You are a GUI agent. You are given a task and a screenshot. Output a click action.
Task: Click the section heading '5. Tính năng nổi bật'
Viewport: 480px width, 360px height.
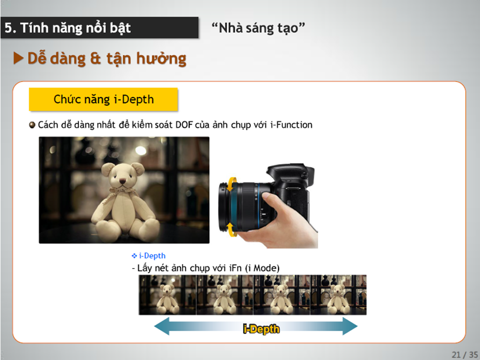(67, 28)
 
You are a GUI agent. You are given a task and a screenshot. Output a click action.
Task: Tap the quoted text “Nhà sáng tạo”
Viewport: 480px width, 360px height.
(258, 28)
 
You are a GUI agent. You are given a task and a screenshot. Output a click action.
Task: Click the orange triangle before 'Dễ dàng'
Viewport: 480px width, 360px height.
(18, 58)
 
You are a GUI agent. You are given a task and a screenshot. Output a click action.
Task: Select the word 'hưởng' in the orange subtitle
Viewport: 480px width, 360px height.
(161, 58)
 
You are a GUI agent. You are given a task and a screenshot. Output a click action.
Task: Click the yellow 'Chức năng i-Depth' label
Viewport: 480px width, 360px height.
(103, 99)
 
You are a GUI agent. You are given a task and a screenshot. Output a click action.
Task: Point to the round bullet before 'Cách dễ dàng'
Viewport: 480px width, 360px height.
(32, 125)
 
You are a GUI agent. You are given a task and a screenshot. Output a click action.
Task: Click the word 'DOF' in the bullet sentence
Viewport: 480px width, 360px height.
(184, 125)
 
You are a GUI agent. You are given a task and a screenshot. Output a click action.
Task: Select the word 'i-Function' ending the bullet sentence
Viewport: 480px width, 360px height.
(291, 125)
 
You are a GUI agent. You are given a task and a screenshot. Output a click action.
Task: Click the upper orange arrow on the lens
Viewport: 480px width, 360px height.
(231, 183)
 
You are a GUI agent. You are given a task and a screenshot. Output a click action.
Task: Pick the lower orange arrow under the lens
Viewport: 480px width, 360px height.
(231, 229)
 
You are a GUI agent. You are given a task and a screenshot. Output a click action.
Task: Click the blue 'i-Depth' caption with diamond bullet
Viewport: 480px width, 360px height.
(148, 255)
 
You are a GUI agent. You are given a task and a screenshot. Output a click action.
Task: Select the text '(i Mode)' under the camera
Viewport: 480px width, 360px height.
(262, 268)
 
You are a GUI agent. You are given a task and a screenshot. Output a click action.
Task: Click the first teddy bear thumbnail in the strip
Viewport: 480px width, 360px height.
(167, 295)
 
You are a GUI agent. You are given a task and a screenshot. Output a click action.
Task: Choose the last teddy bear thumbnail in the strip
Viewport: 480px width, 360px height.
(338, 295)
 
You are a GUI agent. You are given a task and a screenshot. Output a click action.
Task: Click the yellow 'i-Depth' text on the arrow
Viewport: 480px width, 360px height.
(261, 329)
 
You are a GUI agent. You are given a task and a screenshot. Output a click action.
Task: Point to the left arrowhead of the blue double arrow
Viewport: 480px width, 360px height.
(161, 326)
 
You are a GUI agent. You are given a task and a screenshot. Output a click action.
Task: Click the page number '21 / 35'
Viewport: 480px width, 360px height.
(464, 354)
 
